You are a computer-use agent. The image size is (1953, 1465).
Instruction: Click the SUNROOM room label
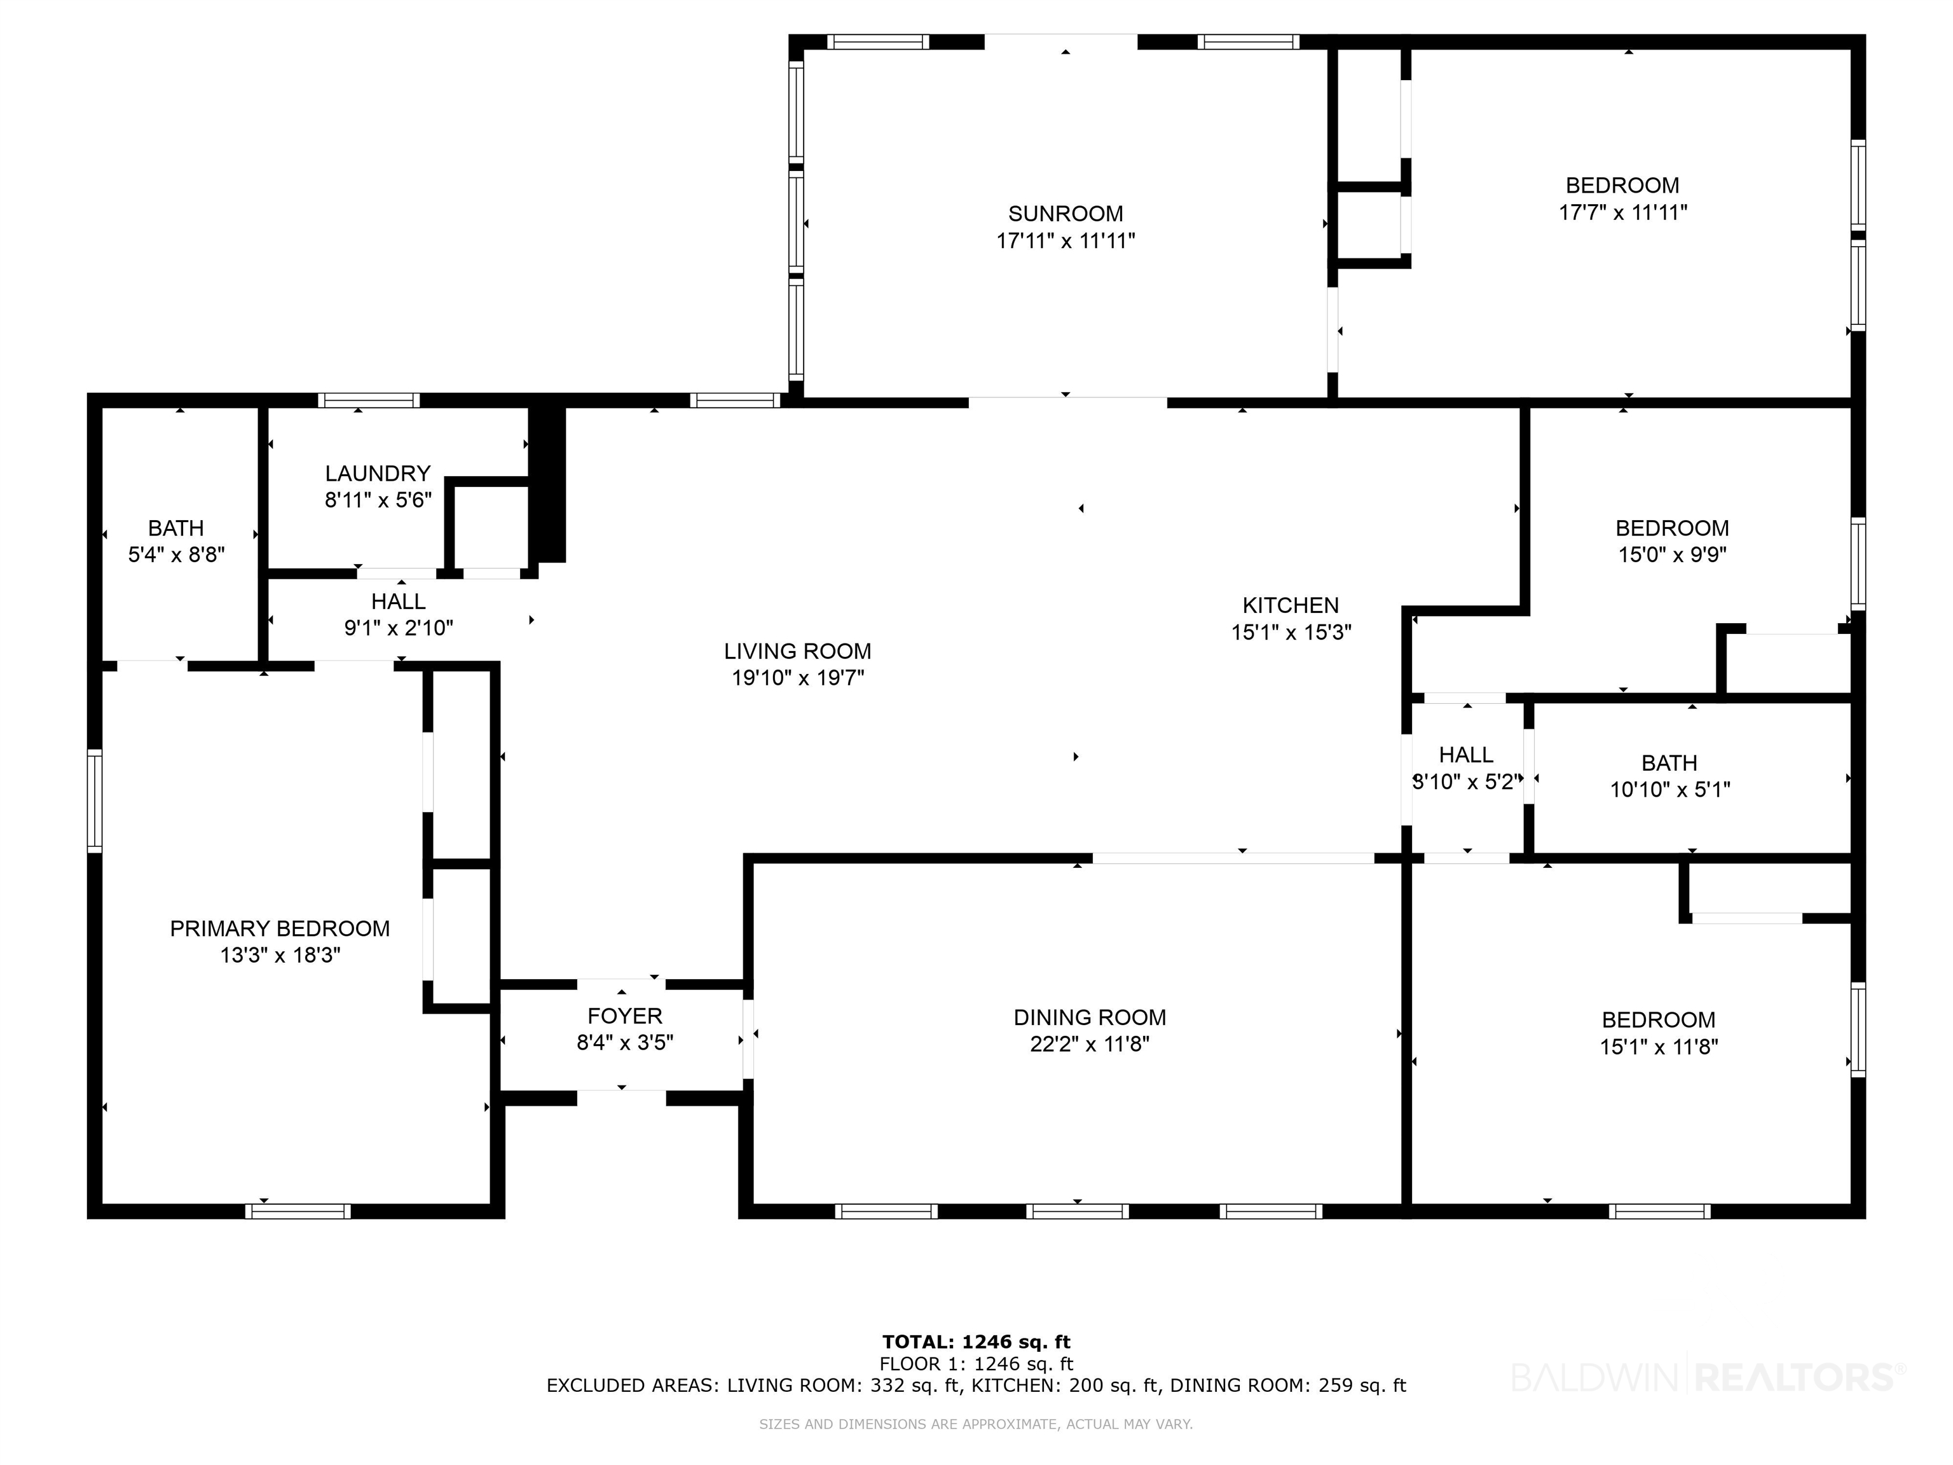pyautogui.click(x=1066, y=214)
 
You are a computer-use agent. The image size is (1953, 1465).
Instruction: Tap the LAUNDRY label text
pyautogui.click(x=378, y=473)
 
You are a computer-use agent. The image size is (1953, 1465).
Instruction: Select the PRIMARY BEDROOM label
pyautogui.click(x=280, y=928)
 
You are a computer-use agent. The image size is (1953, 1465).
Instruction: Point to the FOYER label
pyautogui.click(x=625, y=1016)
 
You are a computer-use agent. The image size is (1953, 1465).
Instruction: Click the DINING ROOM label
pyautogui.click(x=1090, y=1017)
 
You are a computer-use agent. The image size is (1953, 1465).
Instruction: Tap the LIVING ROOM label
pyautogui.click(x=797, y=651)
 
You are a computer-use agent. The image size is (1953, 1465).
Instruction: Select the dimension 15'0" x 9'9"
pyautogui.click(x=1672, y=554)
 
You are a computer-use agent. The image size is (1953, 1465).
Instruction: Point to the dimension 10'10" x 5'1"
pyautogui.click(x=1669, y=790)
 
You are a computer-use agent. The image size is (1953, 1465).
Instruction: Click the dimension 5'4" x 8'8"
pyautogui.click(x=177, y=554)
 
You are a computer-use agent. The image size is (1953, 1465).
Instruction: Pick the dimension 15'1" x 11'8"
pyautogui.click(x=1659, y=1047)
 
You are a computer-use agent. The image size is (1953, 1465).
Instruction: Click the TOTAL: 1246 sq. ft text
pyautogui.click(x=976, y=1342)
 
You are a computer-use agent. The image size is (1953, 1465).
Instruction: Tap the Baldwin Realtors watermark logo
pyautogui.click(x=1708, y=1377)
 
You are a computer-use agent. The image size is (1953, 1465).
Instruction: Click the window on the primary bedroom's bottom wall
pyautogui.click(x=298, y=1211)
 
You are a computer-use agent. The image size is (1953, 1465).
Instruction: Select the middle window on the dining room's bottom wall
pyautogui.click(x=1078, y=1211)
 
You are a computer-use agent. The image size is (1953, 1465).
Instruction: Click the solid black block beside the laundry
pyautogui.click(x=547, y=484)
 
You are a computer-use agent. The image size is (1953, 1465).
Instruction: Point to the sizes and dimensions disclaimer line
pyautogui.click(x=976, y=1424)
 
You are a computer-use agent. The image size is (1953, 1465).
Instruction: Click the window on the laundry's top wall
pyautogui.click(x=369, y=400)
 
